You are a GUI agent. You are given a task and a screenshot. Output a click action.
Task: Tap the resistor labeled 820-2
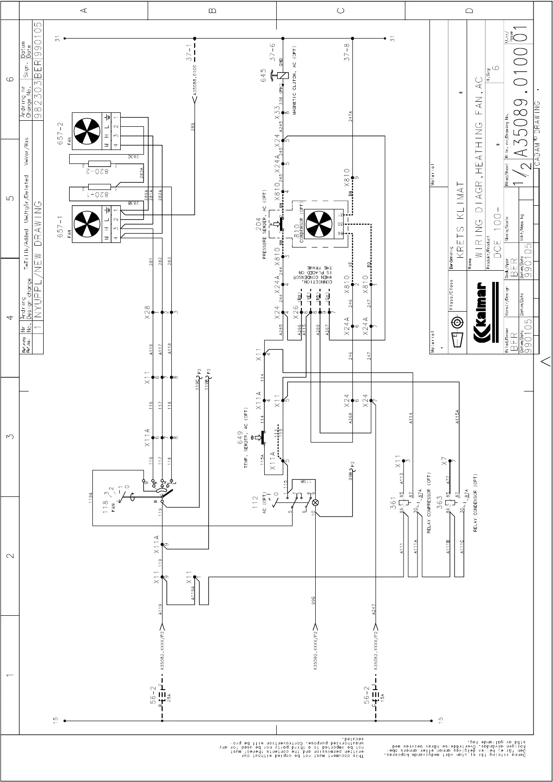(99, 163)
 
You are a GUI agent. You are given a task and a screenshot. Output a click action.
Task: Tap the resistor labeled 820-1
(99, 187)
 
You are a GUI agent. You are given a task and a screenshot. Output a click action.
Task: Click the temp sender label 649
(241, 437)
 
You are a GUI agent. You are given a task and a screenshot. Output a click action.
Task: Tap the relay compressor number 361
(393, 502)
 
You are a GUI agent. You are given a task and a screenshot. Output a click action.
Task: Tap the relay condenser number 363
(439, 502)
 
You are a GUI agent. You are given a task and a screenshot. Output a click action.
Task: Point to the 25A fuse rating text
(169, 697)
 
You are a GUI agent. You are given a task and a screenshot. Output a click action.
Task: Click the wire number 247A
(351, 116)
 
